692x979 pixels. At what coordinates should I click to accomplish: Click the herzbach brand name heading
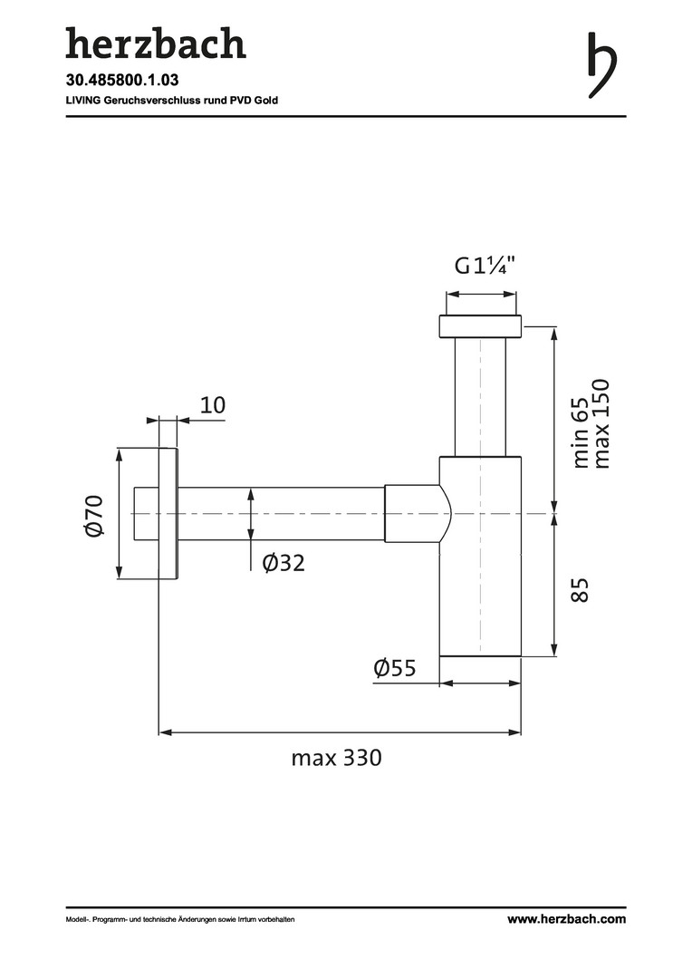tap(156, 44)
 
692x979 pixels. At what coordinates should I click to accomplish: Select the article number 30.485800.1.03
tap(122, 80)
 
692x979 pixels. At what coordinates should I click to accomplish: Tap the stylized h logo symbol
tap(601, 65)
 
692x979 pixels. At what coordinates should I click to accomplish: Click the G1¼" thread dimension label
tap(485, 266)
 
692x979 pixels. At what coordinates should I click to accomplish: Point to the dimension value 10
tap(212, 405)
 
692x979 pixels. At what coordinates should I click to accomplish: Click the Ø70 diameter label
tap(93, 515)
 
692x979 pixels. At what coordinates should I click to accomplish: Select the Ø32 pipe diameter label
tap(284, 563)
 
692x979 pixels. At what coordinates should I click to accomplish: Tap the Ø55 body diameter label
tap(394, 668)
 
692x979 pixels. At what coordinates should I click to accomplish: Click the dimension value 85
tap(580, 589)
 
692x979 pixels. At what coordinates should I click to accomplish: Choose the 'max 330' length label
tap(336, 758)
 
